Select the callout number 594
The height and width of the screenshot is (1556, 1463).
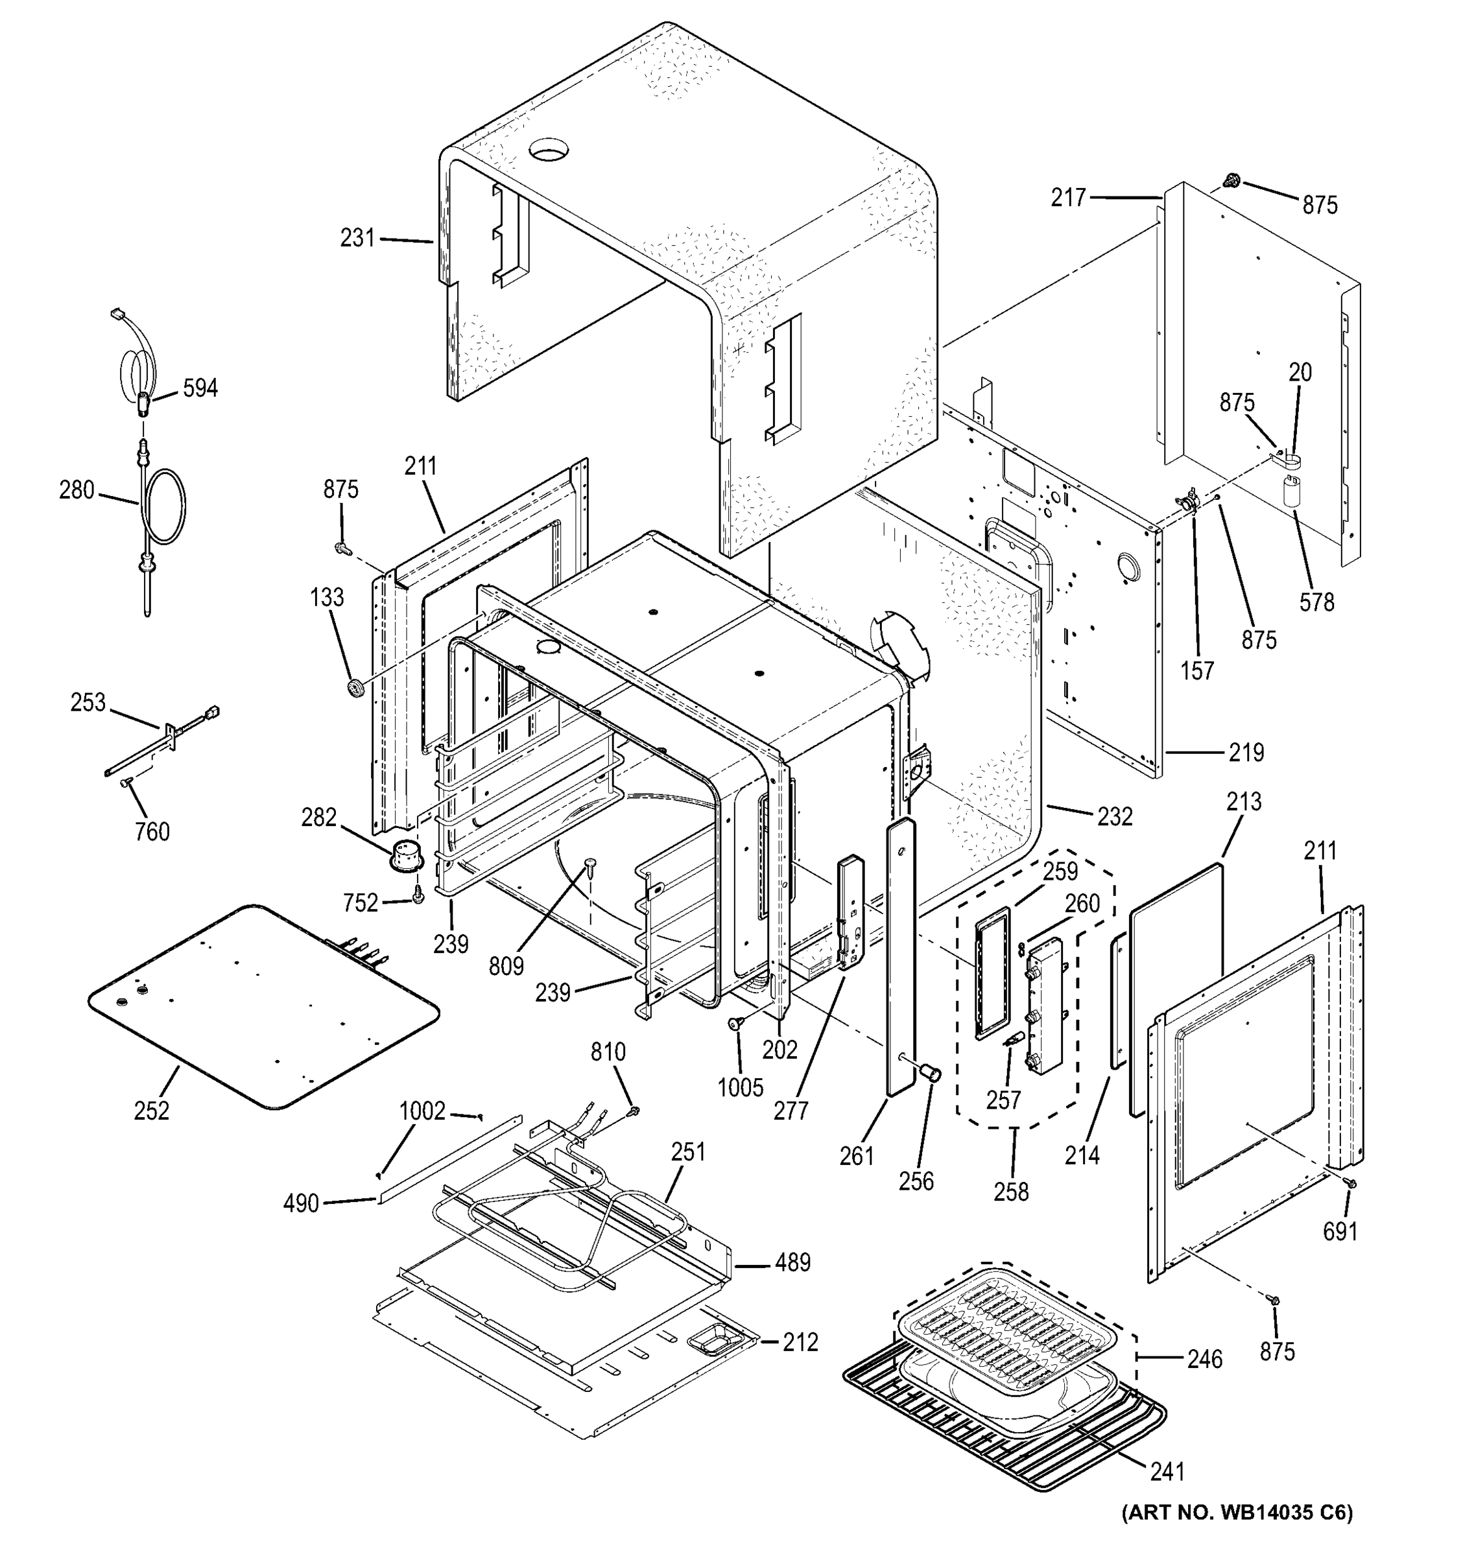(x=200, y=388)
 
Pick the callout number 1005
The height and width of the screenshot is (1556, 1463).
(x=740, y=1087)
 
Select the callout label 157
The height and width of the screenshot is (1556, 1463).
(x=1197, y=671)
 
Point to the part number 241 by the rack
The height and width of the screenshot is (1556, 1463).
(x=1167, y=1472)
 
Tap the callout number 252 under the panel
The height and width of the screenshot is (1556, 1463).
(x=151, y=1111)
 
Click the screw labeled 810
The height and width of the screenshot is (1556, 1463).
(x=634, y=1109)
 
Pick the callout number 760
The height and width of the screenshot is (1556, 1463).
(x=152, y=832)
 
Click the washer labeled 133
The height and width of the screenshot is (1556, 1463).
(x=356, y=688)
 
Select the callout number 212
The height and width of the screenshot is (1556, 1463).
(x=800, y=1342)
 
